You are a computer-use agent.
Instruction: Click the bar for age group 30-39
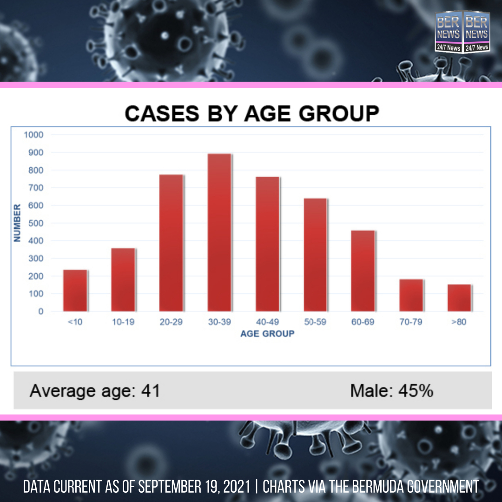coord(219,232)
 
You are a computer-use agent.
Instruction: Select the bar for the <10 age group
coord(75,291)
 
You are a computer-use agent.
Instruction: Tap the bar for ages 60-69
coord(363,271)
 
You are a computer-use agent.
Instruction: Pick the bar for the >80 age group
coord(459,298)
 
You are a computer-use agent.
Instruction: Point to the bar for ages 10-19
coord(123,280)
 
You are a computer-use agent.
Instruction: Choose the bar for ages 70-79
coord(411,295)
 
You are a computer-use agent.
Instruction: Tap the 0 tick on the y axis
coord(40,311)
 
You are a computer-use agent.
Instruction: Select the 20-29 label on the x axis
coord(171,322)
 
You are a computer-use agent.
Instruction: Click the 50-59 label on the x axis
coord(315,322)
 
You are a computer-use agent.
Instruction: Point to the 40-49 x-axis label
coord(267,322)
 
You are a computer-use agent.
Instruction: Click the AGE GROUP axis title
coord(267,334)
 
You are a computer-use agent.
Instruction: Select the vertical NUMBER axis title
coord(17,223)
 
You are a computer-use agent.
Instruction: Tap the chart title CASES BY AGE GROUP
coord(252,113)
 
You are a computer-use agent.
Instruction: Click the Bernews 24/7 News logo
coord(462,32)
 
